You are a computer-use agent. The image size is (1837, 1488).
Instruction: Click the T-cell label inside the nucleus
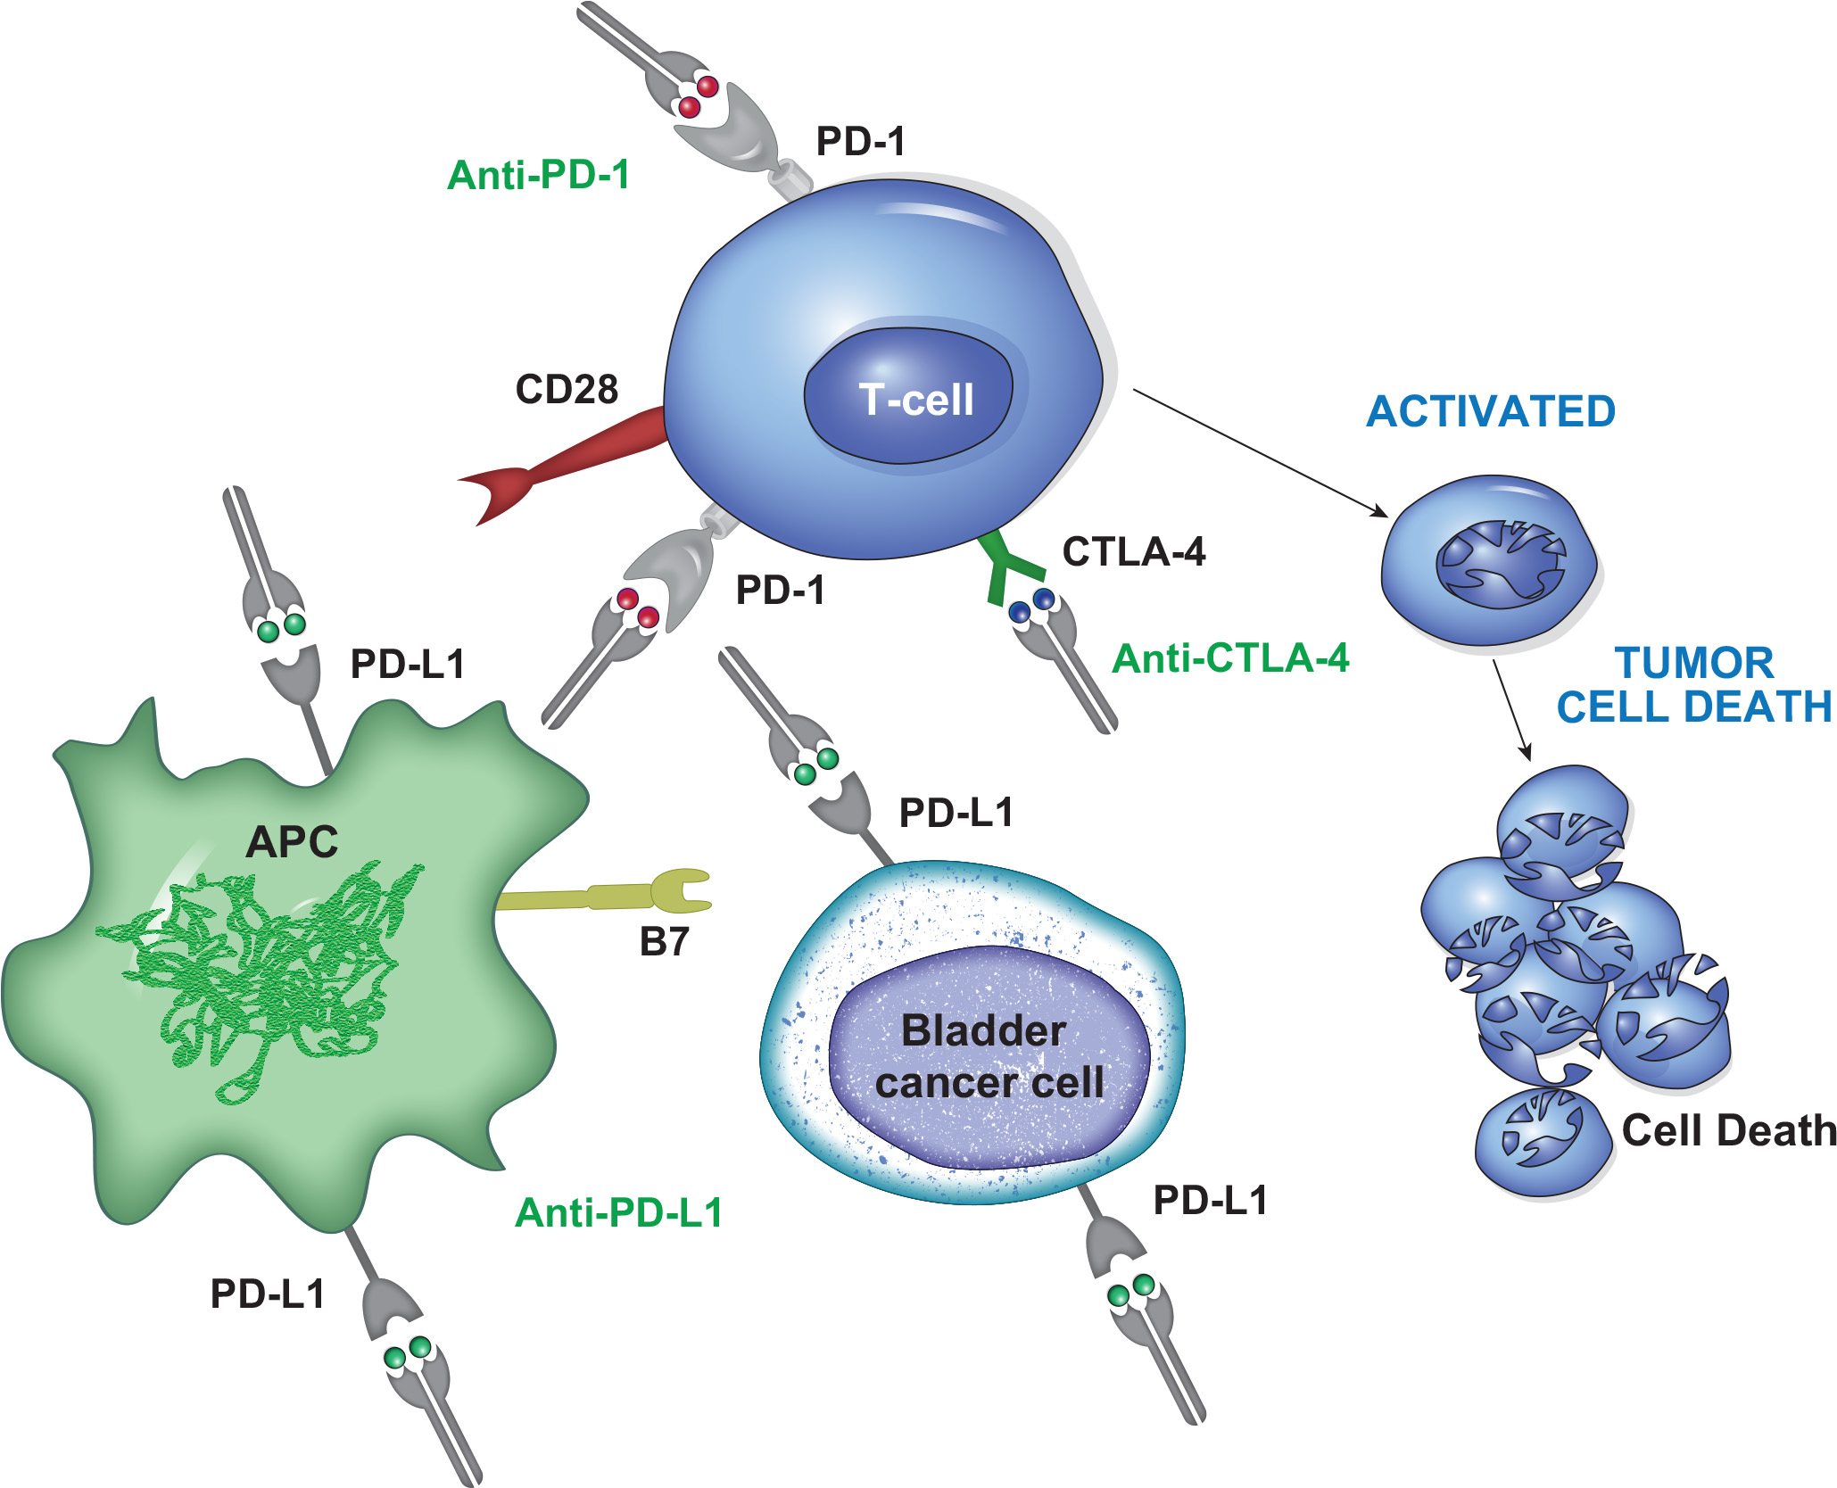pyautogui.click(x=915, y=399)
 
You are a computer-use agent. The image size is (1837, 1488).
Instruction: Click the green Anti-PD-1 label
pyautogui.click(x=539, y=175)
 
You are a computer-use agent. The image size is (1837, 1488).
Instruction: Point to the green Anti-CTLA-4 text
pyautogui.click(x=1230, y=658)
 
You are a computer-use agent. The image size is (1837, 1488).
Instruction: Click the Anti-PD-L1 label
pyautogui.click(x=619, y=1212)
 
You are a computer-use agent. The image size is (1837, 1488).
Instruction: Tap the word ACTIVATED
pyautogui.click(x=1491, y=411)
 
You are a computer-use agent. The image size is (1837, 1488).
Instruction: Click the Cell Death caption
pyautogui.click(x=1728, y=1130)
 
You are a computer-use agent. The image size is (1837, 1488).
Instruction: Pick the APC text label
pyautogui.click(x=292, y=841)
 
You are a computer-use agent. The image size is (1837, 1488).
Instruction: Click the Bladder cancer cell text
pyautogui.click(x=988, y=1057)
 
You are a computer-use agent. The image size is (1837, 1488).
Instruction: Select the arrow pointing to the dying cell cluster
pyautogui.click(x=1511, y=709)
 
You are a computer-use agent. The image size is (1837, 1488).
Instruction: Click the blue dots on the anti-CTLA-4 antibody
pyautogui.click(x=1031, y=605)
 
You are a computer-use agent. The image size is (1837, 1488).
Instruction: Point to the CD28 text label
pyautogui.click(x=567, y=389)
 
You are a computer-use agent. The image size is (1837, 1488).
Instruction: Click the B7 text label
pyautogui.click(x=664, y=942)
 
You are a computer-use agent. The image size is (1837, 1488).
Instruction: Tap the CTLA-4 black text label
pyautogui.click(x=1133, y=552)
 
